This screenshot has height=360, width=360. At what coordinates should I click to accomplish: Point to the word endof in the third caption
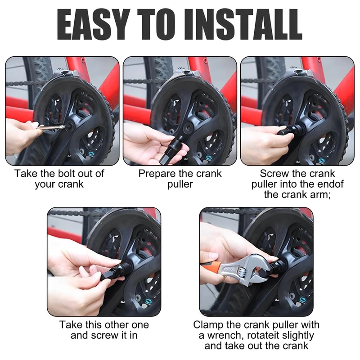click(331, 184)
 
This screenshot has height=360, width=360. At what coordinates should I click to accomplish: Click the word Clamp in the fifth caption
click(208, 325)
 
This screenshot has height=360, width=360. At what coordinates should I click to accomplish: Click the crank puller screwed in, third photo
click(291, 130)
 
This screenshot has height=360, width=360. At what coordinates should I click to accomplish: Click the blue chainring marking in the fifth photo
click(302, 300)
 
